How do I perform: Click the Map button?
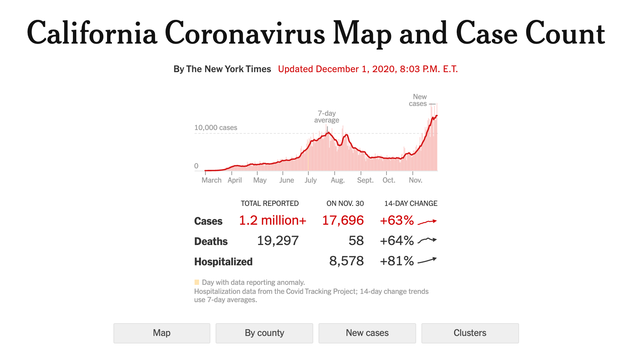(162, 333)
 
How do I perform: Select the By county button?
(264, 333)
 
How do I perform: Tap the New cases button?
(367, 333)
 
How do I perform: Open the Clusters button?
(470, 333)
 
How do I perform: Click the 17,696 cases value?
(343, 220)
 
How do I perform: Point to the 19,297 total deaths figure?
(278, 241)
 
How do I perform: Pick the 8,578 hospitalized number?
(346, 261)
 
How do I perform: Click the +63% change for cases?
(397, 220)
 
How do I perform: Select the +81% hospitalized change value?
(397, 261)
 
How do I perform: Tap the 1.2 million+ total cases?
(272, 220)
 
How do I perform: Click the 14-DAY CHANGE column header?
(411, 203)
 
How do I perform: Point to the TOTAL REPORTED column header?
(270, 203)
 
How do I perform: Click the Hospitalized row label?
(223, 262)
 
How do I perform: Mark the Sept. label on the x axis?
(365, 180)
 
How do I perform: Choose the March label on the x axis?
(211, 180)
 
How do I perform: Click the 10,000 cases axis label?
(216, 128)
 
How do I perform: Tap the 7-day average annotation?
(327, 116)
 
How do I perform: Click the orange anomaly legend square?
(197, 282)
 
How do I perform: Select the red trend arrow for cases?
(427, 222)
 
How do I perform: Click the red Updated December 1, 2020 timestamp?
(368, 69)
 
